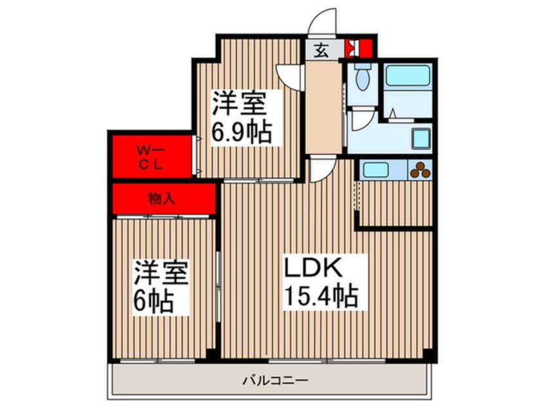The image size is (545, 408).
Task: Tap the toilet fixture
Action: click(362, 77)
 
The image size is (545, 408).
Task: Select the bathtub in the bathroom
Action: click(408, 76)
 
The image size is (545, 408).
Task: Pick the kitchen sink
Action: click(376, 170)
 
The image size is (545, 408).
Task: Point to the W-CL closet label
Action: click(151, 158)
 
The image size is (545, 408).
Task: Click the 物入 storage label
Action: click(161, 199)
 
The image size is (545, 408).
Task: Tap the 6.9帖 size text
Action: click(242, 133)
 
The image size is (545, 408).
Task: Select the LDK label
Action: click(314, 266)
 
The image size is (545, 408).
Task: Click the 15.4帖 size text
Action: click(321, 295)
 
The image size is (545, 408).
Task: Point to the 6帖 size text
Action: click(153, 301)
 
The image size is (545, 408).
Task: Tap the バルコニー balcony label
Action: click(275, 381)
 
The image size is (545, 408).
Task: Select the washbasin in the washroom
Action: click(421, 138)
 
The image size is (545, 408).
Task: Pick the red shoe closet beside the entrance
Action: click(359, 48)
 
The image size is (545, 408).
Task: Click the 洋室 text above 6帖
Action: click(162, 273)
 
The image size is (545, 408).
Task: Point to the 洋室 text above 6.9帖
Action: click(240, 104)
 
